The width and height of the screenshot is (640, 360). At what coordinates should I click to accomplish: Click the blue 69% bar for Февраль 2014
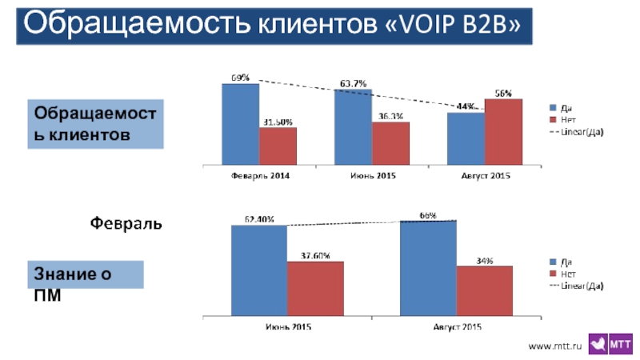pos(240,124)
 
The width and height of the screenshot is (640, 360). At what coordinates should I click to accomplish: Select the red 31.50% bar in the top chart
pos(278,146)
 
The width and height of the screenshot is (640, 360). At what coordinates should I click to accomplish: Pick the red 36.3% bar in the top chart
pos(390,143)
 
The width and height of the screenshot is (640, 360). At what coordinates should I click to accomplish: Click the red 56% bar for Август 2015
pos(503,131)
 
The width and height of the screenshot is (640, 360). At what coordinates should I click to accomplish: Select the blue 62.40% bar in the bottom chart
pos(259,271)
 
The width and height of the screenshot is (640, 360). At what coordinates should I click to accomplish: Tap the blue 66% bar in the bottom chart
pos(428,269)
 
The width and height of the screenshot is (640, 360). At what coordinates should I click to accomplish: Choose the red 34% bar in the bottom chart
pos(485,290)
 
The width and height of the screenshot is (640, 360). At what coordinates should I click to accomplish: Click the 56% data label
pos(503,93)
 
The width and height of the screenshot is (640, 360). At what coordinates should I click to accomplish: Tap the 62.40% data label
pos(259,218)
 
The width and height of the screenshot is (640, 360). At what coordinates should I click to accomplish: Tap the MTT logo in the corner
pos(610,343)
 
